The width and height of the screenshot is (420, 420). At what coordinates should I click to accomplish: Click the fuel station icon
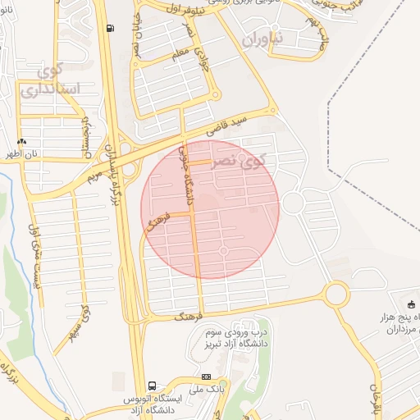coord(110,28)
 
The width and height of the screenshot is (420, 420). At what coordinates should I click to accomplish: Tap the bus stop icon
coord(152,386)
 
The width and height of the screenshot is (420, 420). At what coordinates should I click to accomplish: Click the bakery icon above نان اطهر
coord(21,141)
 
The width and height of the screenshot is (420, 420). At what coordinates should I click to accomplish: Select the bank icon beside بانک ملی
coord(205,377)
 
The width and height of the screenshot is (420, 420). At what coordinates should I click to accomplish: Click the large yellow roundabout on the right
coord(336,293)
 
